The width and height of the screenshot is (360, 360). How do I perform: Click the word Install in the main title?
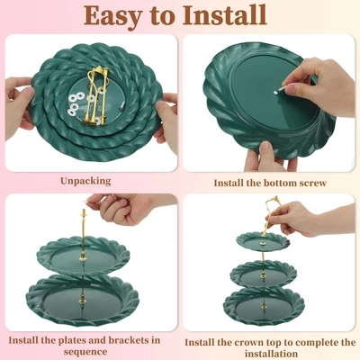point(225,15)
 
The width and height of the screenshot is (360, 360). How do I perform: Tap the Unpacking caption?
point(85,181)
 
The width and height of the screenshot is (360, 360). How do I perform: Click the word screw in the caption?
point(311,183)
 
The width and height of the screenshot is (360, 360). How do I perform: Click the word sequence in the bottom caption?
point(85,352)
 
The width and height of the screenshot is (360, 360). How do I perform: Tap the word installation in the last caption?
point(271,354)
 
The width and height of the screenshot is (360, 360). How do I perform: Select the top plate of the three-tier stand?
point(263,241)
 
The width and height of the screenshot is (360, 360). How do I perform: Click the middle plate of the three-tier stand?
point(264,274)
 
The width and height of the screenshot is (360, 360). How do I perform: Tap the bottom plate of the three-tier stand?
point(264,303)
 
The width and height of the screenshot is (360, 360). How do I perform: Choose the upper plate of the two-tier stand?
point(83,256)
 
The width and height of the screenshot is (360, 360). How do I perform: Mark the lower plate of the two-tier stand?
point(83,300)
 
